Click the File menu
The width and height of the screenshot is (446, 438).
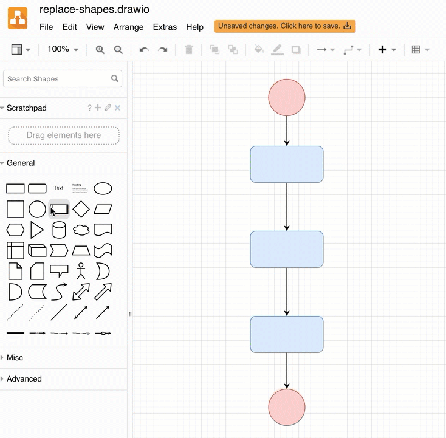[46, 27]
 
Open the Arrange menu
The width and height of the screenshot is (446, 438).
[128, 27]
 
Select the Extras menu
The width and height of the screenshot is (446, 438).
[165, 27]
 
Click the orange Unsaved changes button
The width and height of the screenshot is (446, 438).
[284, 26]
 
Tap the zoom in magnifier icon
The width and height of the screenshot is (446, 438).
[100, 50]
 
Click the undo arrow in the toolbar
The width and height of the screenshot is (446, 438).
[144, 50]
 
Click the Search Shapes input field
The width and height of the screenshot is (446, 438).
[58, 79]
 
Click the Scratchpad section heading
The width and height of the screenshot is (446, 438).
[27, 108]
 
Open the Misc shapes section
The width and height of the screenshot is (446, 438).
[15, 358]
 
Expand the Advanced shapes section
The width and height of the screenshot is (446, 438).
[24, 379]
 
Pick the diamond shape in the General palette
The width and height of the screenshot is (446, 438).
[81, 210]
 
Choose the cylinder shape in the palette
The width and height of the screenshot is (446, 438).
[59, 230]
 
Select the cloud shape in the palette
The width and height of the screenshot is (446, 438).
[81, 230]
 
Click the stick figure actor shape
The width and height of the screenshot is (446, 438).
[81, 271]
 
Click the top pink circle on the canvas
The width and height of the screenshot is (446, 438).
[287, 97]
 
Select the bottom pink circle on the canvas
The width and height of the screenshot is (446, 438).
[287, 407]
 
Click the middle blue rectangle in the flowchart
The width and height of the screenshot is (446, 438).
[287, 249]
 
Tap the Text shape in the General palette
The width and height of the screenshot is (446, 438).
[58, 188]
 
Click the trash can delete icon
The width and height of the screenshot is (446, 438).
[189, 50]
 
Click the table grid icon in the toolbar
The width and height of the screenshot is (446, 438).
[416, 50]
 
